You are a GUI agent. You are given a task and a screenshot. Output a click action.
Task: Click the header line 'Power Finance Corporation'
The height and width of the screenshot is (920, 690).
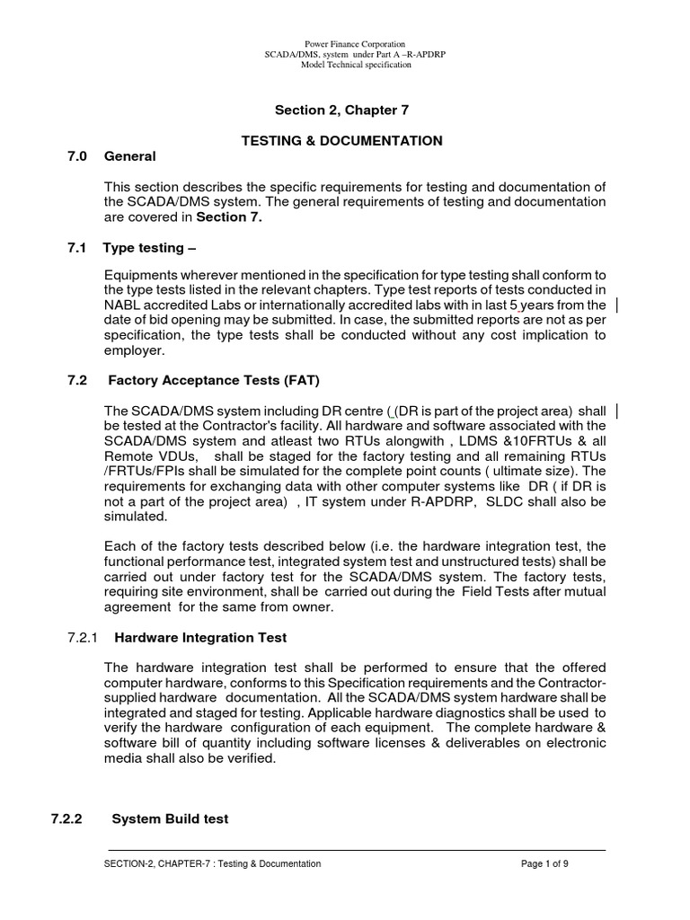click(x=345, y=44)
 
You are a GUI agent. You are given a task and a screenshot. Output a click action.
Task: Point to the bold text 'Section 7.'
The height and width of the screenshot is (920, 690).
click(x=229, y=217)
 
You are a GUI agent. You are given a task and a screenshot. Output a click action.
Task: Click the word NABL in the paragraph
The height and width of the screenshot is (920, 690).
click(x=124, y=305)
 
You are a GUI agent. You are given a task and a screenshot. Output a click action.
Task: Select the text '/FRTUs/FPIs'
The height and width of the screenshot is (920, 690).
click(x=143, y=471)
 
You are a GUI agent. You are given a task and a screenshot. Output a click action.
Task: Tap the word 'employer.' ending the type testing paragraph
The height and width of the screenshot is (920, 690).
click(x=133, y=350)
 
